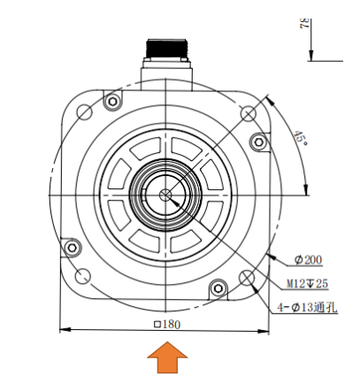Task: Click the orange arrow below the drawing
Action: pyautogui.click(x=167, y=357)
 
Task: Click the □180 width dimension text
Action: pyautogui.click(x=167, y=325)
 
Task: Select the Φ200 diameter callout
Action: pyautogui.click(x=308, y=260)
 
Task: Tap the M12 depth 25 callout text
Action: pyautogui.click(x=307, y=284)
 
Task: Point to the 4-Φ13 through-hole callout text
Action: pyautogui.click(x=307, y=308)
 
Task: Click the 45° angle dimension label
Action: pyautogui.click(x=301, y=138)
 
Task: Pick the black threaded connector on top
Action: pyautogui.click(x=166, y=49)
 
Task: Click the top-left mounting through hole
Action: pyautogui.click(x=84, y=112)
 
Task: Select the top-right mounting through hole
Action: pyautogui.click(x=249, y=113)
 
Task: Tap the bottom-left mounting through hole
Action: pyautogui.click(x=83, y=276)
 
